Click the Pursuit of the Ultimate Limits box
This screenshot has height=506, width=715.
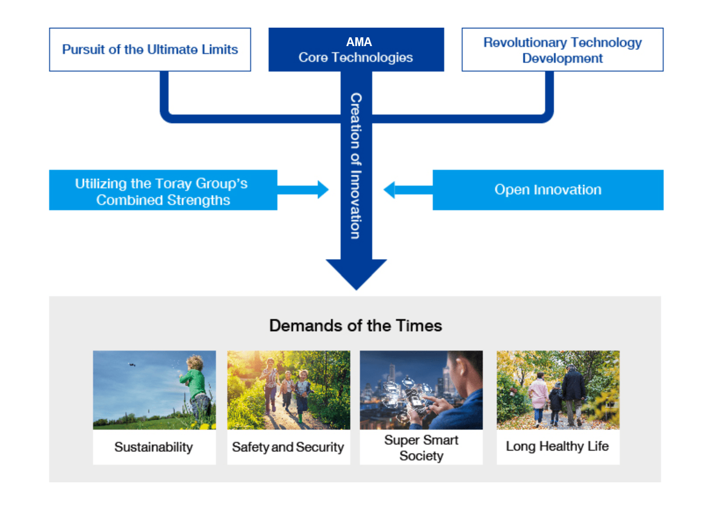[x=150, y=50]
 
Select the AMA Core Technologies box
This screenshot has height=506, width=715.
[x=356, y=50]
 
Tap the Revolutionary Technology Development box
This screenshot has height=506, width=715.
[x=562, y=50]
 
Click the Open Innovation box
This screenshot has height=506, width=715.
[x=548, y=190]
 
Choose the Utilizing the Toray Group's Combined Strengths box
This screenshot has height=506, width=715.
[x=163, y=190]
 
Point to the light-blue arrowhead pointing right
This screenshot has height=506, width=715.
[x=323, y=190]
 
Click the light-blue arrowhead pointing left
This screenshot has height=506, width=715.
[x=389, y=190]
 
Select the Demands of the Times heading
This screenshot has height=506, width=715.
[x=356, y=326]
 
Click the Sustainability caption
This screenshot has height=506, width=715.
[x=154, y=447]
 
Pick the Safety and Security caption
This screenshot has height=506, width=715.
[x=288, y=447]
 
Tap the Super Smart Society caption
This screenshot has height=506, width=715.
[x=421, y=448]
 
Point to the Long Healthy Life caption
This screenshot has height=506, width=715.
[x=557, y=446]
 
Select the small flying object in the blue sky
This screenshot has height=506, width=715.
[x=132, y=364]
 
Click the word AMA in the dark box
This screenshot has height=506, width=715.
[x=359, y=42]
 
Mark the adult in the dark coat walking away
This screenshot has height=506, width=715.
[x=574, y=395]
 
